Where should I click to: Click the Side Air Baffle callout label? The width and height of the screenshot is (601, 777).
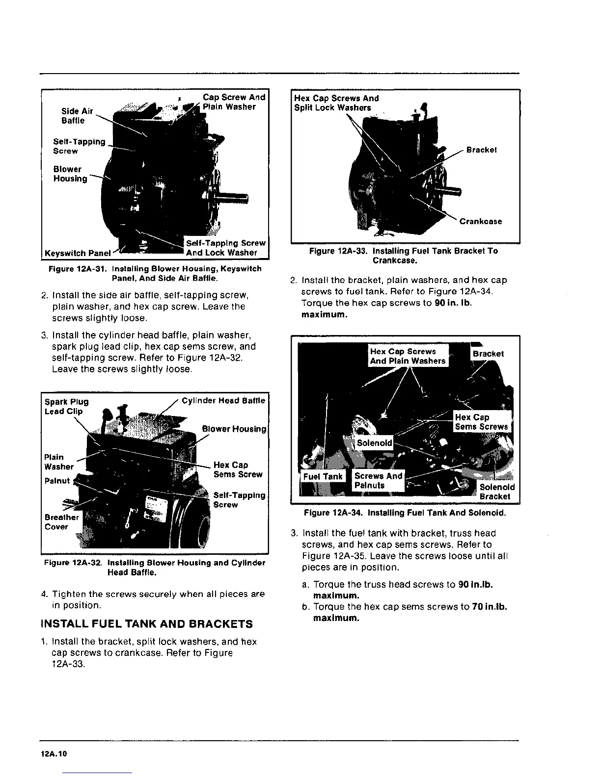click(77, 116)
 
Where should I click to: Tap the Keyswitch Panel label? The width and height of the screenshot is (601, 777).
click(78, 253)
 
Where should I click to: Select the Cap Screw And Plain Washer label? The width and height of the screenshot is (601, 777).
click(234, 102)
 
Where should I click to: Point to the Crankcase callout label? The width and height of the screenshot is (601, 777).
click(480, 221)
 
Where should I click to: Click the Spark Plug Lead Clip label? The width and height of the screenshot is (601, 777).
click(66, 407)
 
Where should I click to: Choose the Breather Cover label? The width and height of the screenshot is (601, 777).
click(61, 522)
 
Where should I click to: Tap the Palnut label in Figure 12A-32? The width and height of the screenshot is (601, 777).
click(57, 481)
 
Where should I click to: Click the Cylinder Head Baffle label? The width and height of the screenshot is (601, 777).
click(223, 401)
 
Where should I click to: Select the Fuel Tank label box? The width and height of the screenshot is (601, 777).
click(323, 476)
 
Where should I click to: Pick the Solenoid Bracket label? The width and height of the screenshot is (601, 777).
click(496, 492)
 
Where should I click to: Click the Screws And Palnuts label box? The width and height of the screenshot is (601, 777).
click(378, 481)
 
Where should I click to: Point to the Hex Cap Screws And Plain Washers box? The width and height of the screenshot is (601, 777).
click(408, 356)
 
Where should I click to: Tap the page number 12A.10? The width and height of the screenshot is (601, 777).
click(54, 754)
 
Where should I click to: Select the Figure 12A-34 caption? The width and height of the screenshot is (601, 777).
click(405, 513)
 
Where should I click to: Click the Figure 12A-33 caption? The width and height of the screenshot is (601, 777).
click(403, 256)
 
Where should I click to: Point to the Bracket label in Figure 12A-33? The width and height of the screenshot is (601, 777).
click(481, 150)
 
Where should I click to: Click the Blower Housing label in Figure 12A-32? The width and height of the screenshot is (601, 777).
click(234, 429)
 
